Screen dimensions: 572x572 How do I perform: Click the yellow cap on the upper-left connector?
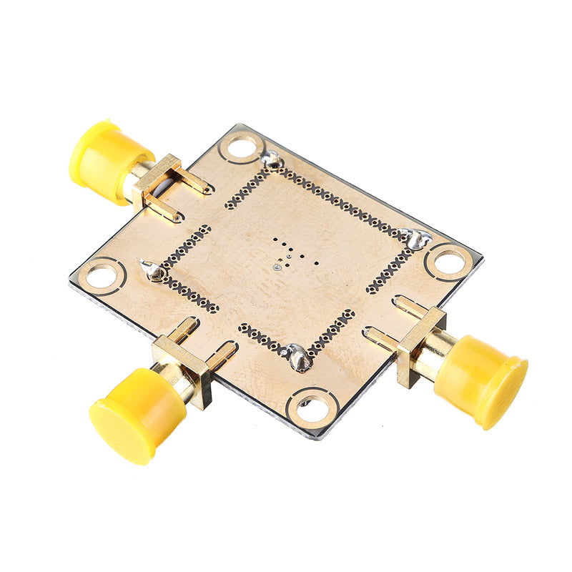point(107,157)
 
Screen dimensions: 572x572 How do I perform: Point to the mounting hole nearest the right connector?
point(448,262)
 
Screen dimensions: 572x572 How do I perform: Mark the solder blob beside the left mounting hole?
point(151,270)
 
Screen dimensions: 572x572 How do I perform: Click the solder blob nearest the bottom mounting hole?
point(298,357)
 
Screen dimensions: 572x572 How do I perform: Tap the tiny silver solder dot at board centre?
point(277,267)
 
